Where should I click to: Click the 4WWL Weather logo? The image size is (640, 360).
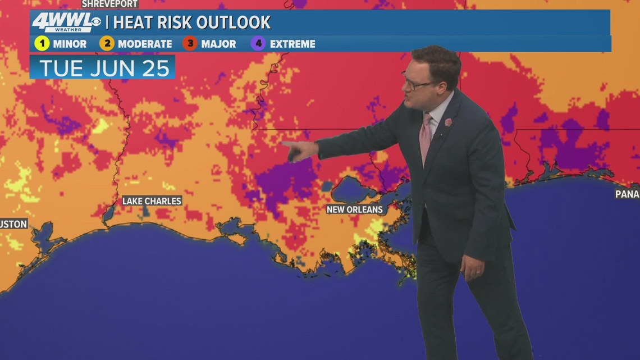tap(66, 22)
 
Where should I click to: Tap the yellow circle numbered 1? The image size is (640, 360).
tap(42, 43)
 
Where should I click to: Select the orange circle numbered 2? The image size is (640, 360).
tap(107, 43)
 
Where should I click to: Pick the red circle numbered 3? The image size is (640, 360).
tap(190, 43)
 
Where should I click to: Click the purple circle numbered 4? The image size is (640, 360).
tap(258, 43)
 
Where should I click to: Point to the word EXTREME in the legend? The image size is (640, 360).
tap(292, 44)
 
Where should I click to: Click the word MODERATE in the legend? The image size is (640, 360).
tap(145, 44)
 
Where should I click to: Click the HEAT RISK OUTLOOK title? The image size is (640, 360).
tap(193, 22)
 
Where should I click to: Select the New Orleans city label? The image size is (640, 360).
tap(355, 209)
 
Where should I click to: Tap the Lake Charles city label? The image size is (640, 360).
tap(152, 200)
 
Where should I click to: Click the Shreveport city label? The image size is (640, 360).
tap(109, 4)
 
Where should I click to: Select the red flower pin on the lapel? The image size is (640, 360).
tap(448, 122)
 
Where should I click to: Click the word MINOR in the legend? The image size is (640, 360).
tap(70, 44)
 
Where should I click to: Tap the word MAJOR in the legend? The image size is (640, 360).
tap(218, 44)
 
